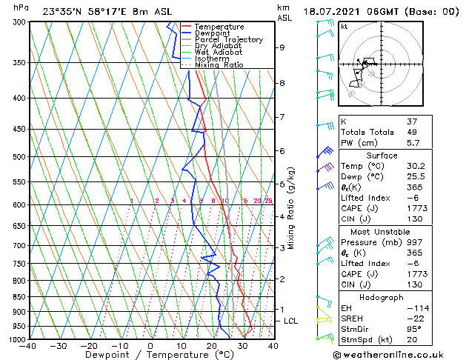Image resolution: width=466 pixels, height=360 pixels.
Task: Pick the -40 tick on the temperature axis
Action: [28, 346]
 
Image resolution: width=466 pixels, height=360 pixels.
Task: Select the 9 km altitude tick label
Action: [282, 47]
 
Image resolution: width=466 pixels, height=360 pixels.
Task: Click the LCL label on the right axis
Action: [291, 321]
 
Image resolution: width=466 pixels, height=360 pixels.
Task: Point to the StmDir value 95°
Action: [434, 329]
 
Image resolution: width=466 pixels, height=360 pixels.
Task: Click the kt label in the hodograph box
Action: [344, 27]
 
